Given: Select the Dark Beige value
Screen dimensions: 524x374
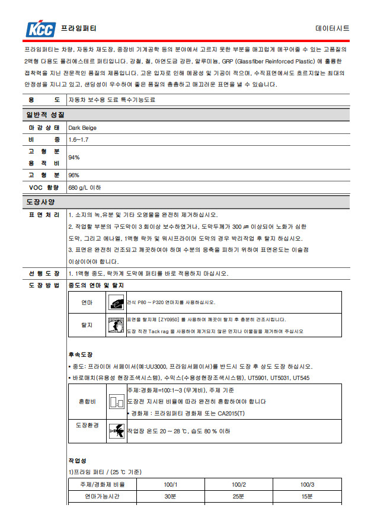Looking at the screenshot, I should [x=82, y=127].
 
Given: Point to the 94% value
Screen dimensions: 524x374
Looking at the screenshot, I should [x=74, y=157].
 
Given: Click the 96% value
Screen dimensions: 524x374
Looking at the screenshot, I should [x=74, y=175].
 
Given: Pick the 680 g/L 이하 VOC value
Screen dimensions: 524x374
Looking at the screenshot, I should [x=85, y=187].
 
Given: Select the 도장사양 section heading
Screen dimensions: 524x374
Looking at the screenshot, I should [x=40, y=202].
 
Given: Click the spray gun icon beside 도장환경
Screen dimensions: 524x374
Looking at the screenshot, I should [x=116, y=432].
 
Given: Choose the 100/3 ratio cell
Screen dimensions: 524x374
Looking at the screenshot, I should [x=307, y=484].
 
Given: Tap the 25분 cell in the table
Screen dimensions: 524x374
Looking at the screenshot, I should [x=239, y=496].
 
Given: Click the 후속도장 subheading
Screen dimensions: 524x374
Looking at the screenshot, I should [x=81, y=354].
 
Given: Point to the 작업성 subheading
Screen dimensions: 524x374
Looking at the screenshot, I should [x=78, y=460].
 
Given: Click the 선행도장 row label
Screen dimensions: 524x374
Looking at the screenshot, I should [x=44, y=273].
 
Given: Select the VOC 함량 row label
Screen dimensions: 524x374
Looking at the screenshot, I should [x=44, y=187].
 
